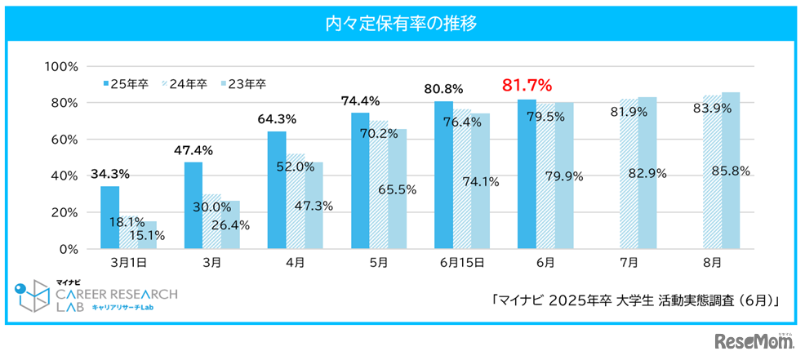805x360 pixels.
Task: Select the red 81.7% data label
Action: click(527, 85)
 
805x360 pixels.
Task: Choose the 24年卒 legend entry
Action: click(185, 83)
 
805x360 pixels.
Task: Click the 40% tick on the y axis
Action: click(64, 176)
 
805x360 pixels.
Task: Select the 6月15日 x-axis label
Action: click(461, 263)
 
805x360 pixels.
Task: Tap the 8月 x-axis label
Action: click(712, 263)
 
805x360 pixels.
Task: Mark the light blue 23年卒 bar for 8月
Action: click(731, 171)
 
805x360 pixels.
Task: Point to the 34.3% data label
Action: click(110, 174)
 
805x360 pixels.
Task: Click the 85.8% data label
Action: click(731, 171)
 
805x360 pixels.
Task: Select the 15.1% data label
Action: click(148, 235)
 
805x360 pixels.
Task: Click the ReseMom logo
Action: click(754, 341)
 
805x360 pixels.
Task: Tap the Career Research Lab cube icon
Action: click(33, 297)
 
